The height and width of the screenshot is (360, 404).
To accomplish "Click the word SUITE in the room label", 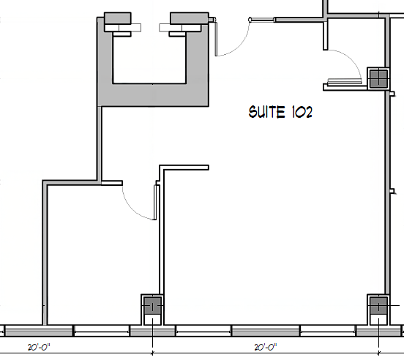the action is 266,112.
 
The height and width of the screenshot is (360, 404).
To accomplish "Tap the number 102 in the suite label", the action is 302,112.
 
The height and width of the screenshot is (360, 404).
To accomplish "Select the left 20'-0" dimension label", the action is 39,347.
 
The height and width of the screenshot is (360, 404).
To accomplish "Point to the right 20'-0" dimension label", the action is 266,347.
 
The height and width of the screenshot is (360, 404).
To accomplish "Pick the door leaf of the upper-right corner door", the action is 345,82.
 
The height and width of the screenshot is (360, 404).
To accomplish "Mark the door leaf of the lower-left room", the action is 155,202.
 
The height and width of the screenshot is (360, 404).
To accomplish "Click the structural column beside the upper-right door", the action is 378,78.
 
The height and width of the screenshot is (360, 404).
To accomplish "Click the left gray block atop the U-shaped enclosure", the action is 118,18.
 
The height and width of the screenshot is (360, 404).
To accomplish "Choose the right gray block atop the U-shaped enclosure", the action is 190,18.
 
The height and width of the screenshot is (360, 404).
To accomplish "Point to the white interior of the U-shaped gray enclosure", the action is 149,59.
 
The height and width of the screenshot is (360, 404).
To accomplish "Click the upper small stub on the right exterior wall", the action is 392,94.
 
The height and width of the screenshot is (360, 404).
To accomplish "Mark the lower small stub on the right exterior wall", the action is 392,191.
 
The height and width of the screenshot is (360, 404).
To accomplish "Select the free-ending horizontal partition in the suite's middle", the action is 184,168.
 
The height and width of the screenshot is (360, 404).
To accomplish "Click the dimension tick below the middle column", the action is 152,353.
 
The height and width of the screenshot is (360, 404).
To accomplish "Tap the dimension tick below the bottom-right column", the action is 378,353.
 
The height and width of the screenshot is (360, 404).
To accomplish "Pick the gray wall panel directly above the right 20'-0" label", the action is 266,331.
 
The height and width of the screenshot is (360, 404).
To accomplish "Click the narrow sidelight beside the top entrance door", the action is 262,20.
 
